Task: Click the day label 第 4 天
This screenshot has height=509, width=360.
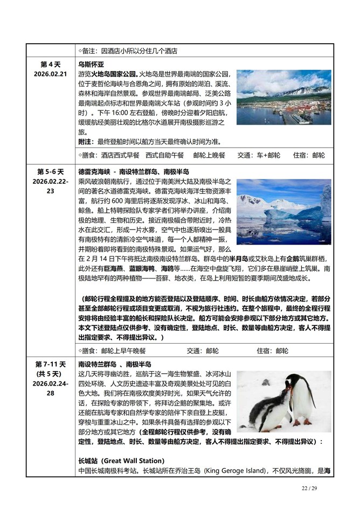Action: point(50,64)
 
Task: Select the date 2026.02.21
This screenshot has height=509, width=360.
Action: point(50,73)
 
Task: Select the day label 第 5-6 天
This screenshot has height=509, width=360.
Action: point(50,172)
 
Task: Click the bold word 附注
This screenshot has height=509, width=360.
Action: point(86,142)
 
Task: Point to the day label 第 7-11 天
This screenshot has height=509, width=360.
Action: point(50,364)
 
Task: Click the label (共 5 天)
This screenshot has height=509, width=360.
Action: point(50,374)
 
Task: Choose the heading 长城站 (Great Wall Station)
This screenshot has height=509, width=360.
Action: point(121,461)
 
